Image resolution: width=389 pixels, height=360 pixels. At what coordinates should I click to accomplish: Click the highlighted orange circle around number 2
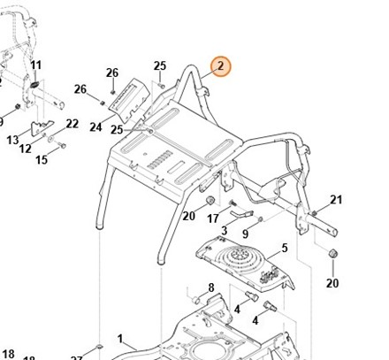point(221,66)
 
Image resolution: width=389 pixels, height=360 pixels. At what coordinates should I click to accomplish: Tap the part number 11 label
point(36,65)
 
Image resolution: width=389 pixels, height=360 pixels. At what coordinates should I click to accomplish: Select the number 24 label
point(95,127)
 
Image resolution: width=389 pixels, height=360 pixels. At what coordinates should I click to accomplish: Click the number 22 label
point(72,124)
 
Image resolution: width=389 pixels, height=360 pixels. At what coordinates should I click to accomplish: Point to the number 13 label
point(12,140)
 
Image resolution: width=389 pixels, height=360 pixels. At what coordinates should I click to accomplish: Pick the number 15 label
point(42,160)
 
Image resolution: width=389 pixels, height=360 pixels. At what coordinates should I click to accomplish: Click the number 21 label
point(336,200)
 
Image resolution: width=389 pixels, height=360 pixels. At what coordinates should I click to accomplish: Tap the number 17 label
point(213,218)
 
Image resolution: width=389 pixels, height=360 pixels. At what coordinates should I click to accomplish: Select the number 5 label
point(285,248)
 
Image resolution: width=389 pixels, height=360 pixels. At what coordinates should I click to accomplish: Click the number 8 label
point(211,287)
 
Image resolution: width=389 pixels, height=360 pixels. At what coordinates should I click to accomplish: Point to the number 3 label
point(225,230)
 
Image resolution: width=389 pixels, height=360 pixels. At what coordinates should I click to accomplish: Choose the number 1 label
point(120,339)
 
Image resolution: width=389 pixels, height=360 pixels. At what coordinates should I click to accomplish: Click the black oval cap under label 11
point(34,84)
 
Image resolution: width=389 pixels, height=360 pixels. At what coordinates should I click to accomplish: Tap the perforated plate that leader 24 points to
point(129,100)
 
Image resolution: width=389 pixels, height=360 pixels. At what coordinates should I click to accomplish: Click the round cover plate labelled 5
point(245,264)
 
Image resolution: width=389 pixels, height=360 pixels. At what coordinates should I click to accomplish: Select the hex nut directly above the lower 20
point(332,253)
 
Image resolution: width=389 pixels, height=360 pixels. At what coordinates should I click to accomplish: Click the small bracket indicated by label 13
point(42,127)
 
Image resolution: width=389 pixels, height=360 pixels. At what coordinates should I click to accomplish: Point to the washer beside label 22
point(51,137)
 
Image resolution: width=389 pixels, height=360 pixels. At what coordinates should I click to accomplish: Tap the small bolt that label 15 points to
point(62,145)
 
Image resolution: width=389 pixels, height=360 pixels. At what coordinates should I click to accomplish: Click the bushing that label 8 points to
point(196,300)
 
